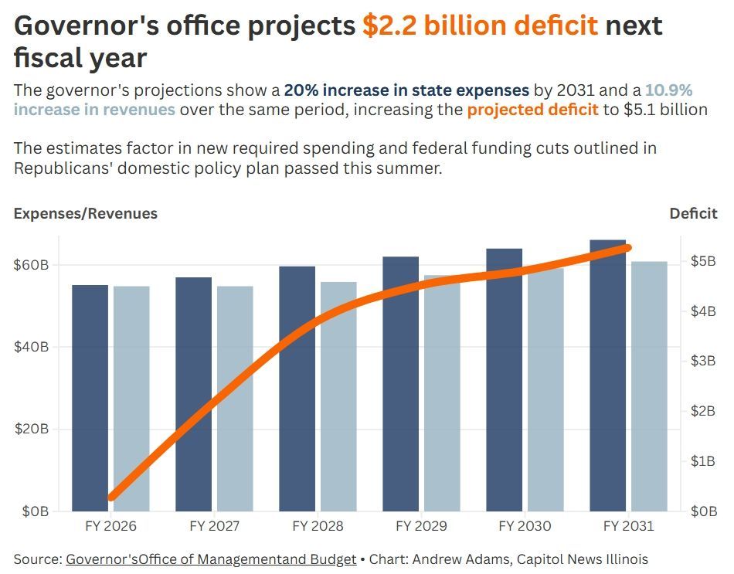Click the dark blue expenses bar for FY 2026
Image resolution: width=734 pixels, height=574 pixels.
tap(90, 398)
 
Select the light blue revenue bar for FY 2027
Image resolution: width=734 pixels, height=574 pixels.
tap(235, 398)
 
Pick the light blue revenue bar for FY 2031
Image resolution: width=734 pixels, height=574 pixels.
tap(649, 386)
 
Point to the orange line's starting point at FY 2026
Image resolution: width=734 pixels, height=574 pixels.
tap(112, 496)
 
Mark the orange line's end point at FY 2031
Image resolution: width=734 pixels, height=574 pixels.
tap(627, 248)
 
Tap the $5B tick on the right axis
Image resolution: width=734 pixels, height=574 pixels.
tap(702, 261)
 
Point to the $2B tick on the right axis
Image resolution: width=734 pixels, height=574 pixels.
tap(702, 411)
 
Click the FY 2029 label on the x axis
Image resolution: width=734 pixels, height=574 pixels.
tap(421, 526)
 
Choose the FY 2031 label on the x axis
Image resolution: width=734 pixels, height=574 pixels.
tap(627, 526)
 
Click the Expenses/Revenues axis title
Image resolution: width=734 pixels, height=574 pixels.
tap(86, 213)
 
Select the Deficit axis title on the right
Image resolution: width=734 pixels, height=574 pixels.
tap(693, 213)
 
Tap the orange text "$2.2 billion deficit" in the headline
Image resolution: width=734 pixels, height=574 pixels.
tap(480, 25)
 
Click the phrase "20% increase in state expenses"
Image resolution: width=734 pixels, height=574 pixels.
tap(406, 89)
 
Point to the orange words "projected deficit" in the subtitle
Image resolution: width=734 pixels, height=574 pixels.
tap(532, 109)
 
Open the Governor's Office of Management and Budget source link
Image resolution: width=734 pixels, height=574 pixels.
tap(211, 559)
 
